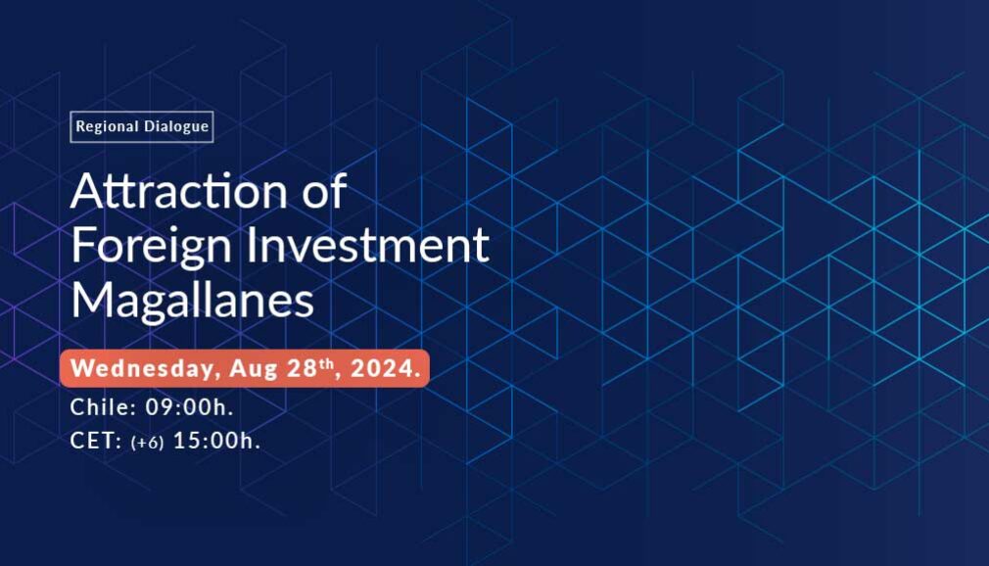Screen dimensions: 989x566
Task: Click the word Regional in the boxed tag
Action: pyautogui.click(x=105, y=127)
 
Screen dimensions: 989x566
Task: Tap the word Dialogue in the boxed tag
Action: pyautogui.click(x=175, y=126)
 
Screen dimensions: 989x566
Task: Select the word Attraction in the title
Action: pyautogui.click(x=179, y=191)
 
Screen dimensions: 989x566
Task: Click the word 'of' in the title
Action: pyautogui.click(x=324, y=190)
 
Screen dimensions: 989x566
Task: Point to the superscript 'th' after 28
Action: pyautogui.click(x=326, y=363)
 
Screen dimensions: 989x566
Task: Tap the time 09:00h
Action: pyautogui.click(x=189, y=407)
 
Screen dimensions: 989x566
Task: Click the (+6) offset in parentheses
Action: pyautogui.click(x=147, y=443)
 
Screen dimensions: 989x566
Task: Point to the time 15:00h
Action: pyautogui.click(x=216, y=441)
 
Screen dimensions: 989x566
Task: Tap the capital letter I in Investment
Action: pyautogui.click(x=251, y=244)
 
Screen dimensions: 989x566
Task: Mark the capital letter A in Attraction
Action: pyautogui.click(x=87, y=190)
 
